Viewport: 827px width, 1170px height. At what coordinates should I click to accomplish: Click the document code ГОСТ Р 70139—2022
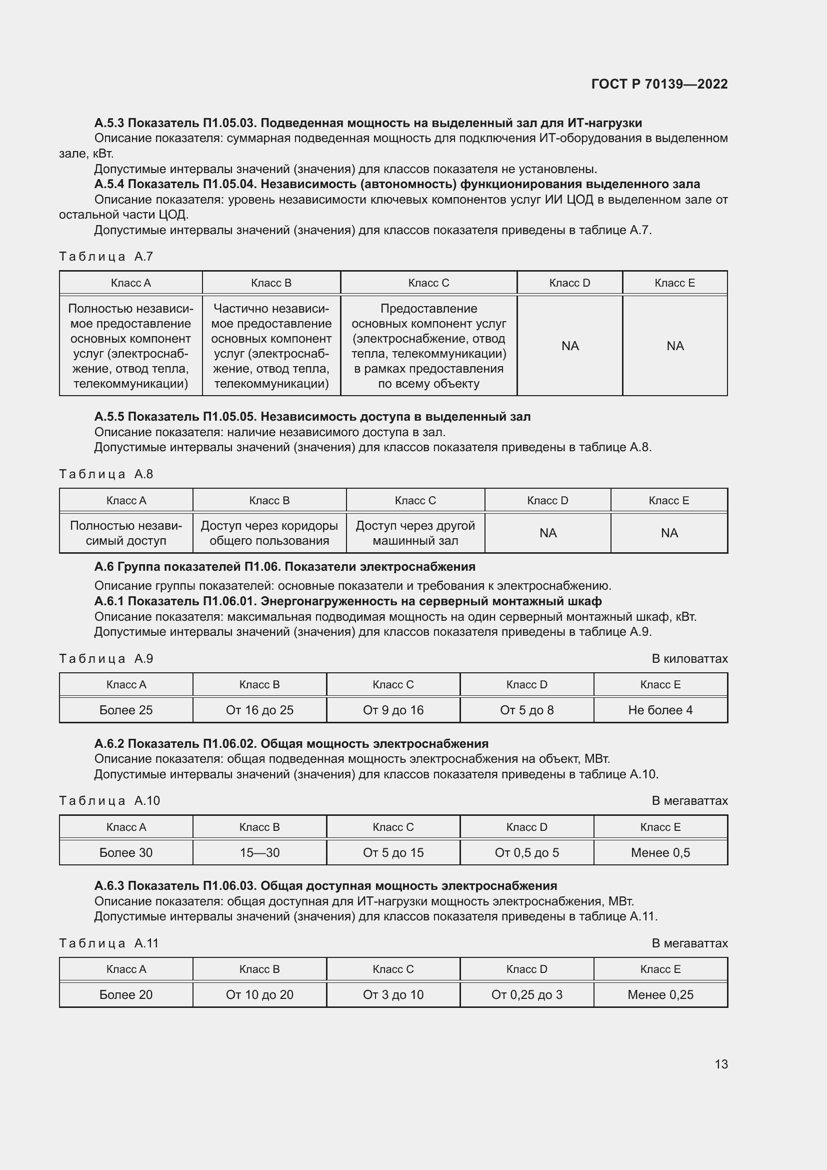(x=659, y=84)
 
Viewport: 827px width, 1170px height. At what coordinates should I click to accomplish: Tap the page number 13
(x=721, y=1064)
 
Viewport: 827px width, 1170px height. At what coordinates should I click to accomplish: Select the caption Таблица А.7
(x=106, y=256)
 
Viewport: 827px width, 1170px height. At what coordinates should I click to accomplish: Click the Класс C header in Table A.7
(x=428, y=283)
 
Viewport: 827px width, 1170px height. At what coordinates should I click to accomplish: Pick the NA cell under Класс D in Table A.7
(x=570, y=346)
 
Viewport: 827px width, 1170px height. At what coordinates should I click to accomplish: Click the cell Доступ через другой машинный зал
(x=415, y=533)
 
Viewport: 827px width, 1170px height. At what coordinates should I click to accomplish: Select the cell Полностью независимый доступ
(x=126, y=533)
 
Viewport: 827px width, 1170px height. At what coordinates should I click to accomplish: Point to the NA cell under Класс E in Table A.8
(x=669, y=533)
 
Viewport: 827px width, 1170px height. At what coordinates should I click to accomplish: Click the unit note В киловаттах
(x=689, y=658)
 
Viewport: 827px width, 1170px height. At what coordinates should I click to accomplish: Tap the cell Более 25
(x=126, y=710)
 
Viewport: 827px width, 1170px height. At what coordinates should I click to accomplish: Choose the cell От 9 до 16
(x=393, y=710)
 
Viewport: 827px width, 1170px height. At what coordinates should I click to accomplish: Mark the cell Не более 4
(x=660, y=710)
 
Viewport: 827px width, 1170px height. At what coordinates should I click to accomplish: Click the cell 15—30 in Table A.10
(x=259, y=852)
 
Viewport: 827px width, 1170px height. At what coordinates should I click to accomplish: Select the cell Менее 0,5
(x=660, y=852)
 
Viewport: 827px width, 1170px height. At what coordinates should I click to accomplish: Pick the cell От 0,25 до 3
(x=526, y=995)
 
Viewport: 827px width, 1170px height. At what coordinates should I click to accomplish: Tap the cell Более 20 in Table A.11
(x=126, y=995)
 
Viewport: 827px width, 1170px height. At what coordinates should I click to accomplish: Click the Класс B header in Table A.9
(x=259, y=684)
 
